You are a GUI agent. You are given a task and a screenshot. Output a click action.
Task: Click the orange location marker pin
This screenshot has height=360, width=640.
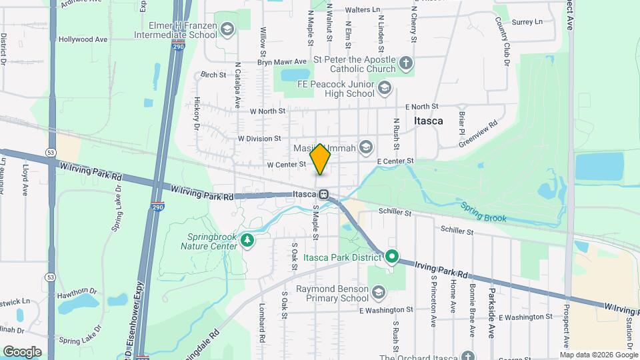pos(321,159)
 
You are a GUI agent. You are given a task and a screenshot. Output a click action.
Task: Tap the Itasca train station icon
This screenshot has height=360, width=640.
pos(324,195)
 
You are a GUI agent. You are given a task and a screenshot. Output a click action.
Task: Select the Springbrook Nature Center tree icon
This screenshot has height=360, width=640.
pos(247,239)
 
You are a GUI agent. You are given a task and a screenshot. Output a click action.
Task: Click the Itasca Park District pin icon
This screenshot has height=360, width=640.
pos(393,255)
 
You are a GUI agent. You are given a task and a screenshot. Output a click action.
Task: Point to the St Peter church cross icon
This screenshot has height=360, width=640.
pos(406,64)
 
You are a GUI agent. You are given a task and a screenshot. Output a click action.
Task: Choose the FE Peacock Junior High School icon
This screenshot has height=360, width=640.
pos(384,88)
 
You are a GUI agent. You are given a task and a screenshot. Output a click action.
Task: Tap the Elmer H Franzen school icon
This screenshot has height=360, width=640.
pos(227,29)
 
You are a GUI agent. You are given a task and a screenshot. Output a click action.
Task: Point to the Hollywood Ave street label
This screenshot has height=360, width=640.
pos(83,39)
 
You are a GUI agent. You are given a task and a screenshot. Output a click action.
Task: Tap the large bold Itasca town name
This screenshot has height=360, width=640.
pos(428,121)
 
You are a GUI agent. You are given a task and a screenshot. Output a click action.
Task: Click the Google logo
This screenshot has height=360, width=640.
pos(22,351)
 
